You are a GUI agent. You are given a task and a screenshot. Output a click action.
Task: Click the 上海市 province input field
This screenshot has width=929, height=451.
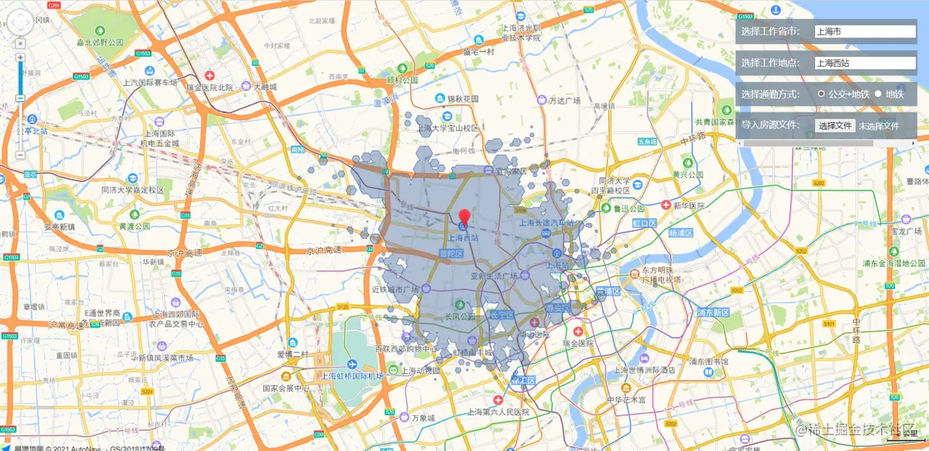(865, 31)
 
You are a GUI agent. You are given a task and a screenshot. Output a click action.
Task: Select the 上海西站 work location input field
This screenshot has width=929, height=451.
(865, 63)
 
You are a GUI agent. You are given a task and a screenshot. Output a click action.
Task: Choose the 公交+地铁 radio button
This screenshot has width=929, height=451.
(822, 94)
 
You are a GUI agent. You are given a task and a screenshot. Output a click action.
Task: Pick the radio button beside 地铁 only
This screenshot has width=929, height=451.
(878, 94)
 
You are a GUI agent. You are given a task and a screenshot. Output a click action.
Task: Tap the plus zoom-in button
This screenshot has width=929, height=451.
(20, 58)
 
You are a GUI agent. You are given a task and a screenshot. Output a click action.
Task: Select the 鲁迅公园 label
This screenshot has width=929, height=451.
(628, 209)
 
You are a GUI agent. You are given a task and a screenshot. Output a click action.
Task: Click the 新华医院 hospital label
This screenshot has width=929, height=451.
(689, 205)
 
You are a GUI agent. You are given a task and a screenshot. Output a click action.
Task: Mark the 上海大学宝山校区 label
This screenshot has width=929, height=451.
(448, 128)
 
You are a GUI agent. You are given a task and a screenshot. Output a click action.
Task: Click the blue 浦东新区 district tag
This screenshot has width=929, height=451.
(712, 312)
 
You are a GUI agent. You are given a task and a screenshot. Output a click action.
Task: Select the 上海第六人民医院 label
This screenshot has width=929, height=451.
(497, 412)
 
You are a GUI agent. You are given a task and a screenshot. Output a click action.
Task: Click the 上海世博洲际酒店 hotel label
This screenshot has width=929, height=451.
(644, 370)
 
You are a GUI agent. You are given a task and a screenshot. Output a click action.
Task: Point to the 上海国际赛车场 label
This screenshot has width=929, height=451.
(151, 83)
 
